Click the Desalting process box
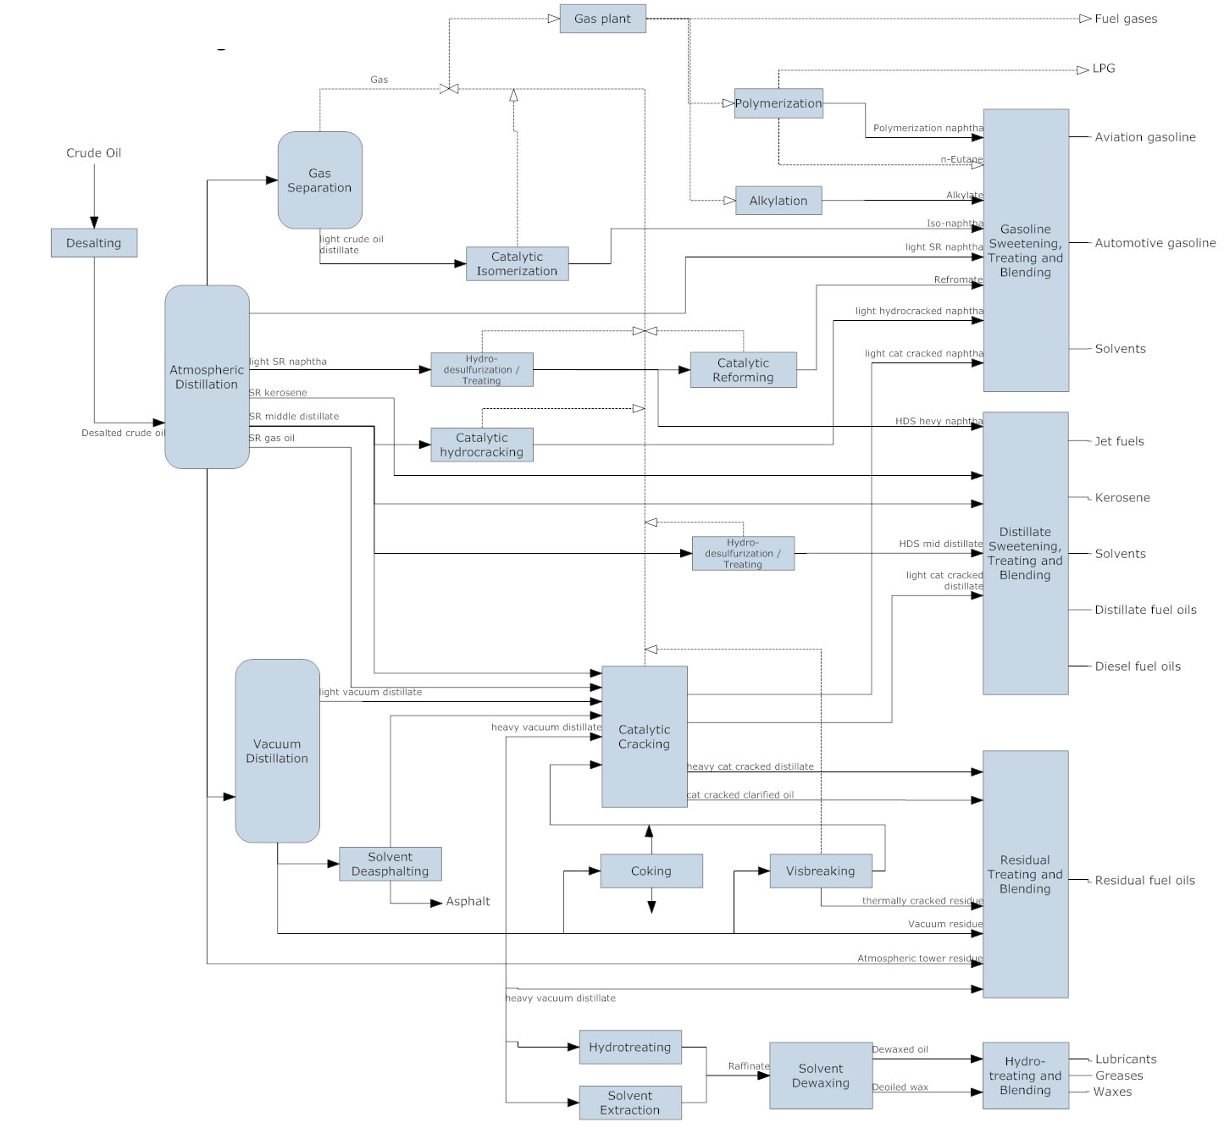pos(94,243)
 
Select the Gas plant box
pos(602,19)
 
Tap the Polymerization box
pos(778,103)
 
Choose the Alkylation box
pos(778,201)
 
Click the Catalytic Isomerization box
pos(517,264)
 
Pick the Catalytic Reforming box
pos(743,370)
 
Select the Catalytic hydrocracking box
pos(482,445)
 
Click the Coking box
pos(651,871)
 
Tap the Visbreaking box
pos(821,871)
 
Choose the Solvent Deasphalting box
pos(390,864)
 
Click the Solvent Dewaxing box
pos(821,1075)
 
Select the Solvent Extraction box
pos(630,1102)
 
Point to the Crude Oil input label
pos(94,153)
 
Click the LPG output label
pos(1104,69)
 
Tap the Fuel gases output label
pos(1126,19)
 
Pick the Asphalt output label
pos(468,901)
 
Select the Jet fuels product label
pos(1119,441)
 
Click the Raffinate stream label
pos(749,1065)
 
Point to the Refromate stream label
pos(958,279)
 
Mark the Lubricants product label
pos(1126,1059)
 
